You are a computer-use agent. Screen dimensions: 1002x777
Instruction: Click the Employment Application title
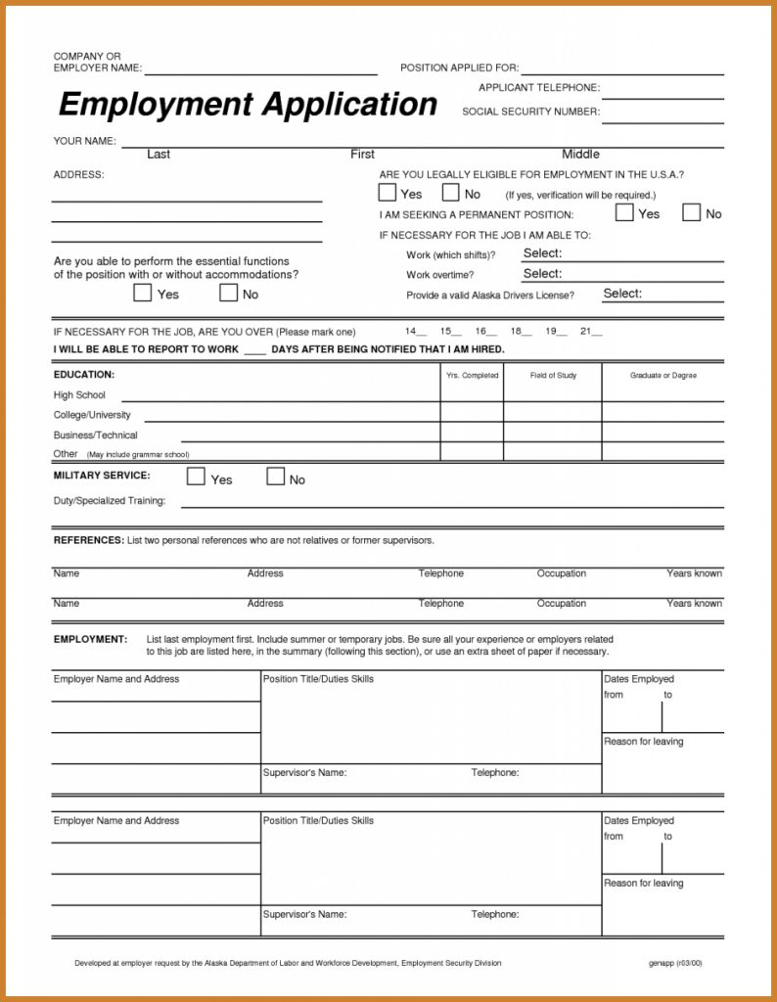pyautogui.click(x=248, y=104)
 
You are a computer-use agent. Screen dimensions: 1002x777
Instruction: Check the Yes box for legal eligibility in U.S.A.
pyautogui.click(x=388, y=193)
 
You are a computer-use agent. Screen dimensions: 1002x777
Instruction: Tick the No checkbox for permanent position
pyautogui.click(x=691, y=212)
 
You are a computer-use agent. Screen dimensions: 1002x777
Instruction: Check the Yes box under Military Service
pyautogui.click(x=196, y=478)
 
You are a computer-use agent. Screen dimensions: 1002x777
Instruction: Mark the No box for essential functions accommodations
pyautogui.click(x=229, y=293)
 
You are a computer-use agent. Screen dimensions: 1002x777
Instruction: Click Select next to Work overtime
pyautogui.click(x=542, y=274)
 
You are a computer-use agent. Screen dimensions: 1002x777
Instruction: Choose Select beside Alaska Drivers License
pyautogui.click(x=622, y=294)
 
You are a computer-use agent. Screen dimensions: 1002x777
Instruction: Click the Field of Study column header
pyautogui.click(x=553, y=376)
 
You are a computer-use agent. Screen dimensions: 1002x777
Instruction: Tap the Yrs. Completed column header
pyautogui.click(x=472, y=376)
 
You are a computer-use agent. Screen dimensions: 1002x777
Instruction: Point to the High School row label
pyautogui.click(x=79, y=395)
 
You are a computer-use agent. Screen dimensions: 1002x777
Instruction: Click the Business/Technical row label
pyautogui.click(x=95, y=435)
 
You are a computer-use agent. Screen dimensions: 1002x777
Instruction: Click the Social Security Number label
pyautogui.click(x=530, y=112)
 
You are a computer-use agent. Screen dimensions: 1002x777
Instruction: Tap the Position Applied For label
pyautogui.click(x=459, y=68)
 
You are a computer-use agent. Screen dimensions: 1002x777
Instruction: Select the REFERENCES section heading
pyautogui.click(x=88, y=540)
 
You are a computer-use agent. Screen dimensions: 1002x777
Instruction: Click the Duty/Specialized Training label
pyautogui.click(x=109, y=501)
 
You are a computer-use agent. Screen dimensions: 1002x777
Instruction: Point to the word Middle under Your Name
pyautogui.click(x=580, y=155)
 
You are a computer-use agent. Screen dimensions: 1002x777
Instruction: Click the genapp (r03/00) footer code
pyautogui.click(x=674, y=963)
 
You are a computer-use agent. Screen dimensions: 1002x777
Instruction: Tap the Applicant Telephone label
pyautogui.click(x=539, y=88)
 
